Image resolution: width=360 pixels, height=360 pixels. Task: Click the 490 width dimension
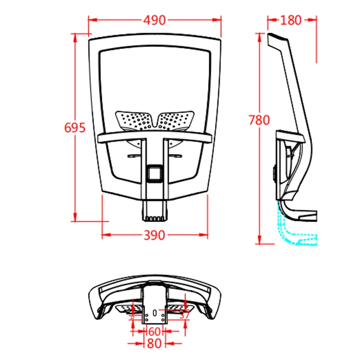click(155, 20)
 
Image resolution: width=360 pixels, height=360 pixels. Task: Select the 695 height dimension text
click(75, 128)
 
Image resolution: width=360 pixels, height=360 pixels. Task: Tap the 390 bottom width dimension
click(155, 235)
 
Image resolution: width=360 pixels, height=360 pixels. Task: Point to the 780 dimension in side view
click(259, 120)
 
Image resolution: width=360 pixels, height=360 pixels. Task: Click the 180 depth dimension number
click(291, 20)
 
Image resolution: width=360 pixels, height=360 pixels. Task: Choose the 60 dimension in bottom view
click(154, 332)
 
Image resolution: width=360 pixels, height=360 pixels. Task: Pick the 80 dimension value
click(154, 344)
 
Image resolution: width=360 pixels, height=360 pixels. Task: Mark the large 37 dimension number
click(184, 315)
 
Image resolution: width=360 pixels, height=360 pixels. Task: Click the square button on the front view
click(155, 172)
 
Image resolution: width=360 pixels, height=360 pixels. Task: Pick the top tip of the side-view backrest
click(270, 36)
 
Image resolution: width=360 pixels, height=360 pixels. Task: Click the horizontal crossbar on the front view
click(155, 138)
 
